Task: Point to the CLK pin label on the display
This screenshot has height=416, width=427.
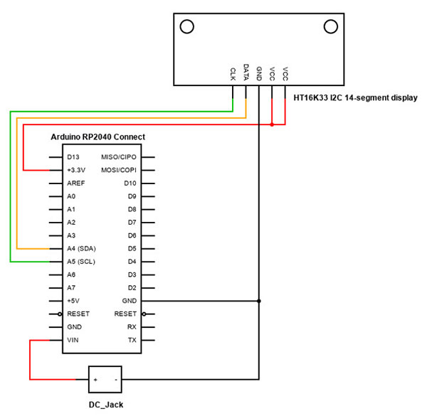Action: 233,73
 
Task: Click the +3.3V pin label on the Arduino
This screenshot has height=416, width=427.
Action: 76,170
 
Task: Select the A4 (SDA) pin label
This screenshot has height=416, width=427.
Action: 81,249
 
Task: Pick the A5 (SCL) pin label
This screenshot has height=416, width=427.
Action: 81,262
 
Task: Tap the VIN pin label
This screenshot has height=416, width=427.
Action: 73,341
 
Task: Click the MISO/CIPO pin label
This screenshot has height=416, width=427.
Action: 119,157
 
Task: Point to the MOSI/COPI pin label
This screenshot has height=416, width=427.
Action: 119,170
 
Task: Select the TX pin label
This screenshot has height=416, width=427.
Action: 132,341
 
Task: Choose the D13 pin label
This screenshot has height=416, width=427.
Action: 73,157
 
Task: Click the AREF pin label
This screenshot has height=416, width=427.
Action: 75,183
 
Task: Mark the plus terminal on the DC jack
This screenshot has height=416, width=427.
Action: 95,380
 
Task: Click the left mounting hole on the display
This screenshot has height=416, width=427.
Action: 187,27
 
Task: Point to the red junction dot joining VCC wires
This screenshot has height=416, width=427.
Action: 272,125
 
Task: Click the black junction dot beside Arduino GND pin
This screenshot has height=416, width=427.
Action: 259,301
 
